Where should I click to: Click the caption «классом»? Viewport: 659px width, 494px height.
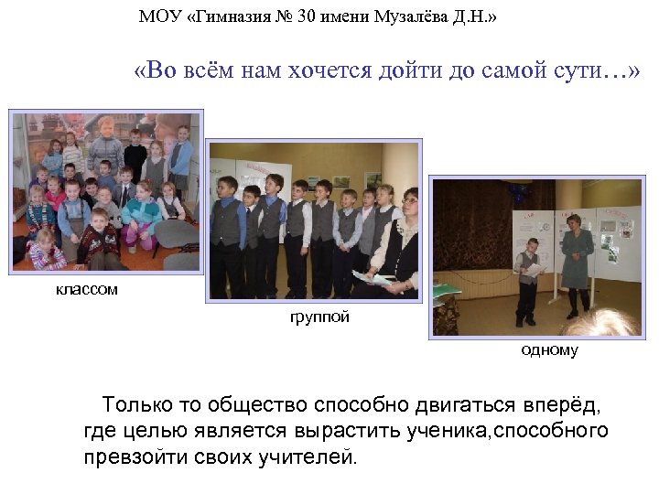86,290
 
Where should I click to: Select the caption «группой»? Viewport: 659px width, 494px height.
319,318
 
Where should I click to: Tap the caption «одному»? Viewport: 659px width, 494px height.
549,350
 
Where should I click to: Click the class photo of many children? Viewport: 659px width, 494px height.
106,191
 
